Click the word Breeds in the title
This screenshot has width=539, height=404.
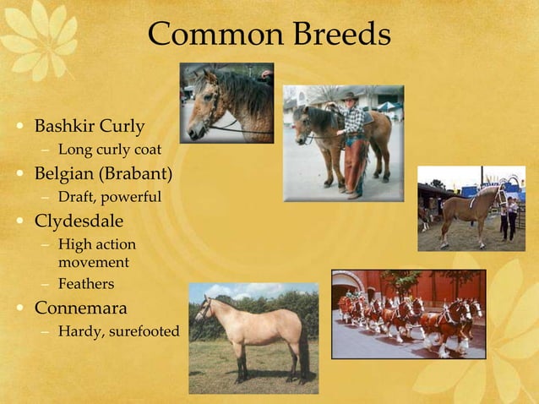[x=342, y=35]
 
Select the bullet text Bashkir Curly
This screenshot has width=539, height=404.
[x=89, y=127]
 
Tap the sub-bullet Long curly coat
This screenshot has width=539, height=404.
[x=109, y=150]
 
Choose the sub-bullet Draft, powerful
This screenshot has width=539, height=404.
[x=109, y=198]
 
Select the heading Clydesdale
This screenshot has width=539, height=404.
[x=79, y=221]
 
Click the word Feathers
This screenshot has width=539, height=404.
[x=85, y=284]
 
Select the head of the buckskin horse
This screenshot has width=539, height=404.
[x=204, y=309]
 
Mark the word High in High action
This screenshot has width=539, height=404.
[x=73, y=245]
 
